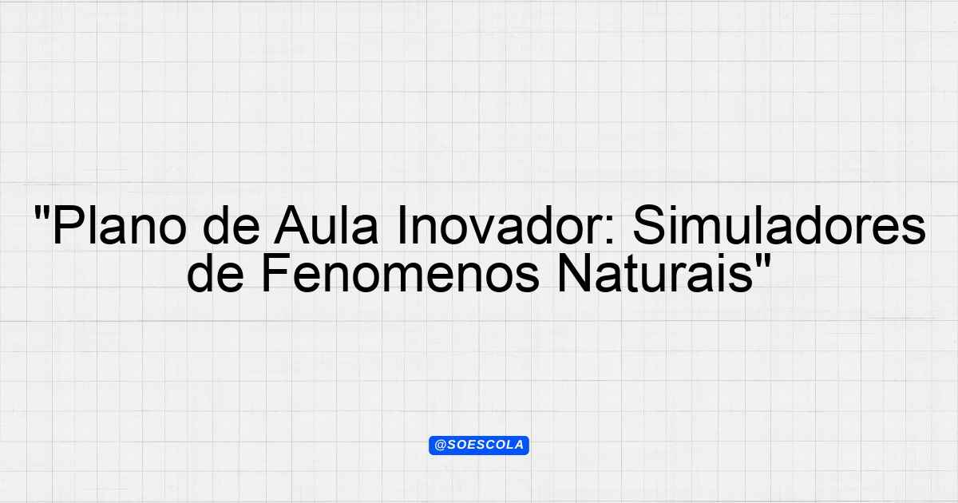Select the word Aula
[327, 225]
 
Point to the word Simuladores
[779, 225]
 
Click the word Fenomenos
[400, 273]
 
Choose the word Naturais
[655, 273]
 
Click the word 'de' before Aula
[232, 225]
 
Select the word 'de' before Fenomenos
[215, 273]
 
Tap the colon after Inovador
[610, 231]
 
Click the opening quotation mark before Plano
[42, 212]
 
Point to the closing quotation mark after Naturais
[762, 260]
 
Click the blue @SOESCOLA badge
[479, 446]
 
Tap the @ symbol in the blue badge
[441, 446]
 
